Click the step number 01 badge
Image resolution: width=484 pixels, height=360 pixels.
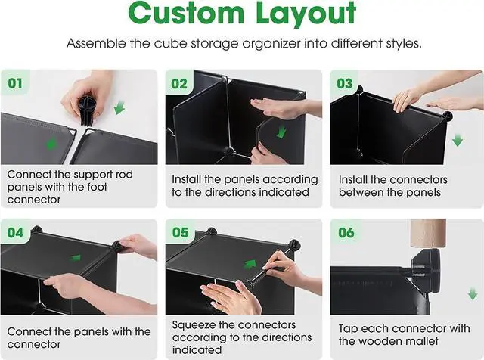(15, 82)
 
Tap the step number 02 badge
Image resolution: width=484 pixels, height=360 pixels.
(179, 83)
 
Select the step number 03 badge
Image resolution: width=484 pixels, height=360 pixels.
(345, 83)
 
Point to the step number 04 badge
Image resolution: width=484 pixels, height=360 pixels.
(15, 232)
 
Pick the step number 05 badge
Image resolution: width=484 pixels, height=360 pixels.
(180, 232)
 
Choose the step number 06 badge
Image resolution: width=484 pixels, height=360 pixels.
(346, 232)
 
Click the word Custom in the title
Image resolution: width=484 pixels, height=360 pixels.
(186, 13)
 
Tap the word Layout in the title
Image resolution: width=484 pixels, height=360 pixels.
(306, 14)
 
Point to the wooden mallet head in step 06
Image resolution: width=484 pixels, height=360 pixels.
(428, 233)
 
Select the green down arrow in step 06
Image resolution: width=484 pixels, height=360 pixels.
(472, 294)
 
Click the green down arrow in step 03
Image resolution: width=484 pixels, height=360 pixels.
(457, 141)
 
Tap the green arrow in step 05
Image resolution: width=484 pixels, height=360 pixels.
(250, 264)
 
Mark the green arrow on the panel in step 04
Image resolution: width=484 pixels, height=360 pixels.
(76, 257)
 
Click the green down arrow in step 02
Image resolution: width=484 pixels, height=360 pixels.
(281, 132)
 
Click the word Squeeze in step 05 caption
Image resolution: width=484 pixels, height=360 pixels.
(194, 325)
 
